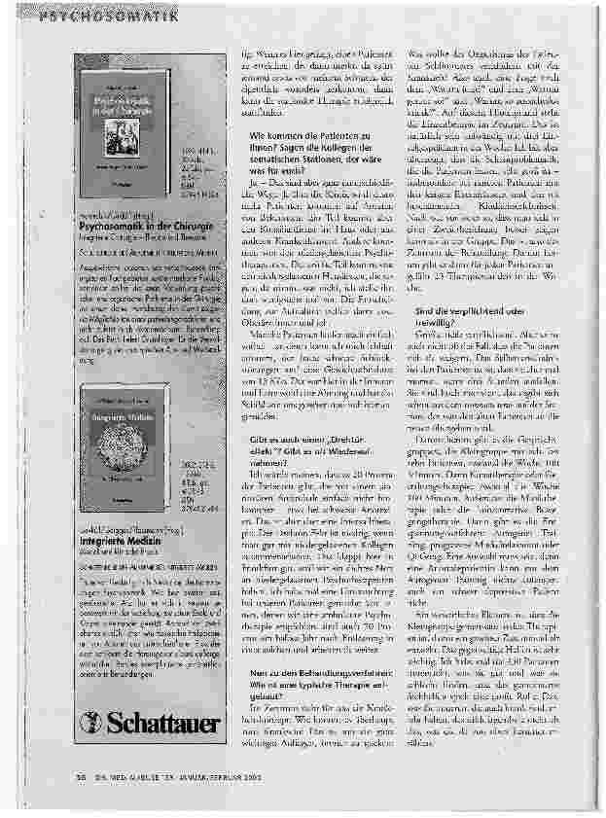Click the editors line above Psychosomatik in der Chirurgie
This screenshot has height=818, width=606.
tap(101, 211)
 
